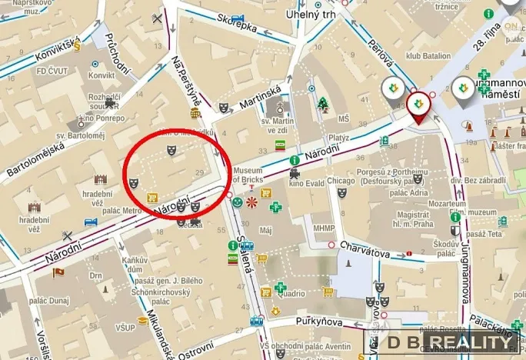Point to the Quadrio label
[291, 292]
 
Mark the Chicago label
[340, 180]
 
